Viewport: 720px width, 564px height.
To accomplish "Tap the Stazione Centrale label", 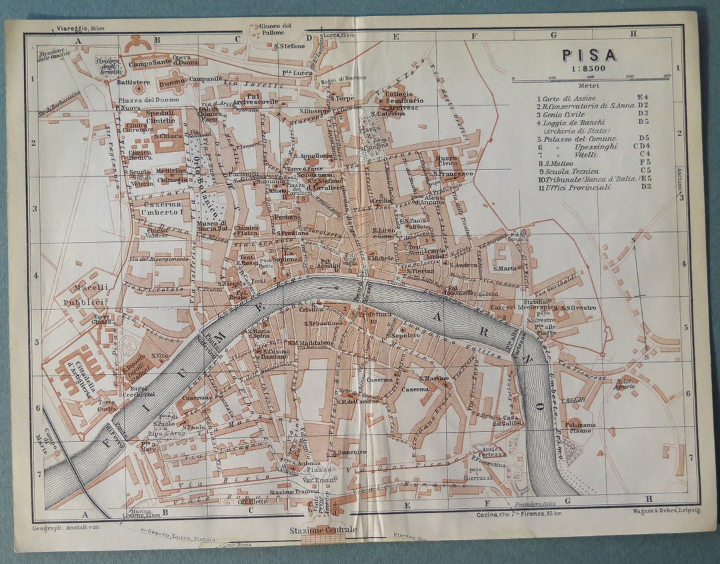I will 323,530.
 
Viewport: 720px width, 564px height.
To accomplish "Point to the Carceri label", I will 502,307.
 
